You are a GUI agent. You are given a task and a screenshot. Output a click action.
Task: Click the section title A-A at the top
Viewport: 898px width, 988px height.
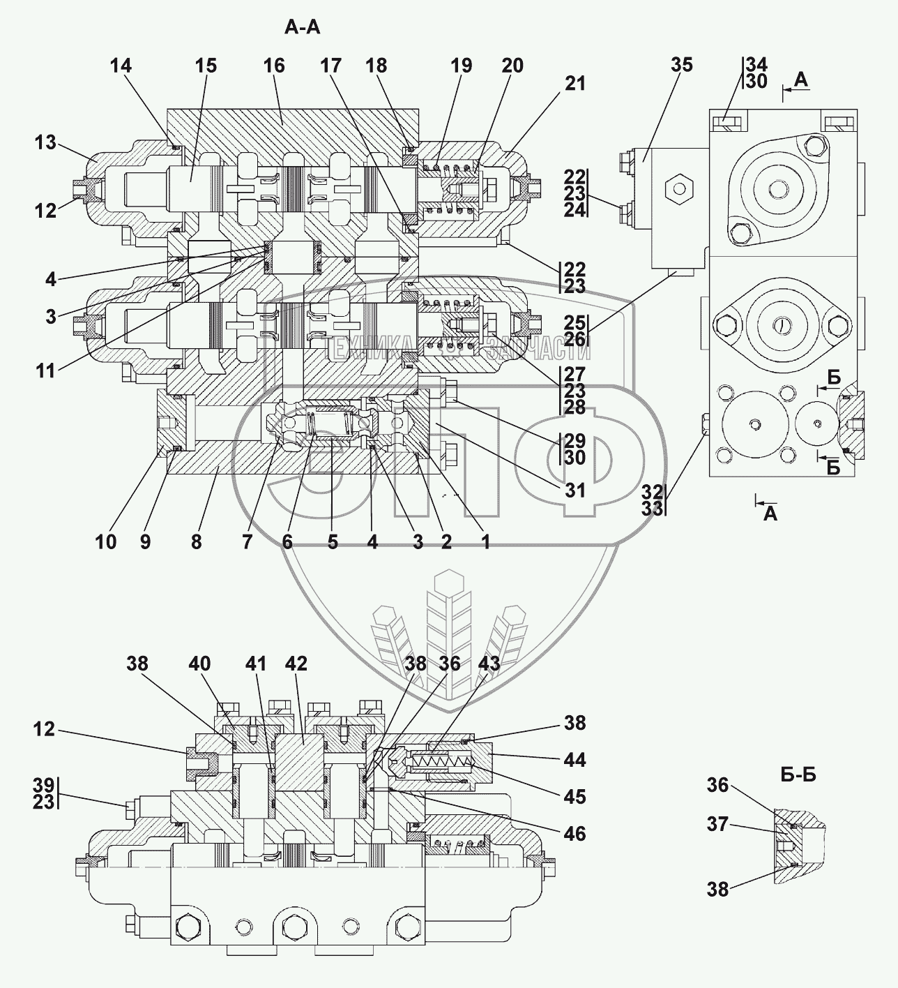303,27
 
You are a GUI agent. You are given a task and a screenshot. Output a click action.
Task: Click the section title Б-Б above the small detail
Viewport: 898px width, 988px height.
798,774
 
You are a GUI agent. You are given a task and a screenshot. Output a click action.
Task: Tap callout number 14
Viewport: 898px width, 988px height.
120,66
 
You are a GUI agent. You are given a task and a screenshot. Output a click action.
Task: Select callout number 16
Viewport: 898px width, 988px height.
274,66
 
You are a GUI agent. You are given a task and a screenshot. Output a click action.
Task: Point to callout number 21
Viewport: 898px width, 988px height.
574,84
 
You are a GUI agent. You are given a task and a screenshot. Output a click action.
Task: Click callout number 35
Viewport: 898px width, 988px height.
682,65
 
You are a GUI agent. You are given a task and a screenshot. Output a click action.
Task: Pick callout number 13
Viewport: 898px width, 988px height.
46,142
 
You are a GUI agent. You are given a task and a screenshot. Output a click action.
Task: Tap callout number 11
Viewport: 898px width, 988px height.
46,370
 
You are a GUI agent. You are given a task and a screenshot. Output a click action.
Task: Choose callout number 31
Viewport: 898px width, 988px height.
574,491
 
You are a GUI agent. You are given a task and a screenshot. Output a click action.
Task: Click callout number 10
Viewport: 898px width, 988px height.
106,541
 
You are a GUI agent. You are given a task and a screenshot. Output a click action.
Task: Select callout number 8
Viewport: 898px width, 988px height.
196,541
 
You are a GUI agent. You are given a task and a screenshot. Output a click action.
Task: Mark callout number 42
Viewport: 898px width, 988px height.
296,664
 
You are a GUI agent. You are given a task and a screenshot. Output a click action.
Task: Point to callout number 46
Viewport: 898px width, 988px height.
574,833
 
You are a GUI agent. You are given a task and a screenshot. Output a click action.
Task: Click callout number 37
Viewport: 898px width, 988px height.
717,825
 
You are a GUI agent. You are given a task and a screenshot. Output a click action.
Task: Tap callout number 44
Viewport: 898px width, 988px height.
574,760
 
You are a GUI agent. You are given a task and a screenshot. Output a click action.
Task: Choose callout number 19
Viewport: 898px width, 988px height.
461,66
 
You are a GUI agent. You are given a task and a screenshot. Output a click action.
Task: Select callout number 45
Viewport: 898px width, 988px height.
574,797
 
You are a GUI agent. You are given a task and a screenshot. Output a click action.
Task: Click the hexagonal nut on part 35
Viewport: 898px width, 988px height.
677,188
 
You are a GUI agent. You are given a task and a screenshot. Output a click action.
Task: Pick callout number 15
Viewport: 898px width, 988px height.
206,66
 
